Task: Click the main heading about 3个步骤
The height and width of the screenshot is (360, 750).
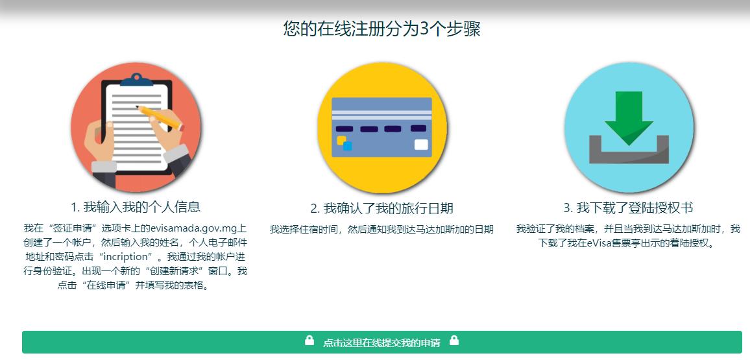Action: click(x=381, y=29)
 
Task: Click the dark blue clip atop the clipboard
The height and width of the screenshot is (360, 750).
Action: click(x=136, y=80)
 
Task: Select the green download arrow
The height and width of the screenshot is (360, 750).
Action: click(x=629, y=117)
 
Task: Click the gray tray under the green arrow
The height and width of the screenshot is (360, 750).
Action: click(x=629, y=152)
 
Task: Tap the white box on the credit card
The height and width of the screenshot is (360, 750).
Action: click(x=421, y=145)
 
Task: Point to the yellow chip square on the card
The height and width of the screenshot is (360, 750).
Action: click(x=341, y=139)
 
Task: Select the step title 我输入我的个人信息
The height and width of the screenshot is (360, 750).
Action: click(x=136, y=207)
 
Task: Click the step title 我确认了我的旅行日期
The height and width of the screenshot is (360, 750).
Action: click(x=381, y=208)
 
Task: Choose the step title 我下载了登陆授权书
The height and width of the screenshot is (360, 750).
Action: click(x=628, y=208)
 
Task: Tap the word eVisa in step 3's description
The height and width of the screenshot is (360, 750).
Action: click(x=594, y=243)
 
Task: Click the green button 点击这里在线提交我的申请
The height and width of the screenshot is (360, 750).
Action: click(x=381, y=342)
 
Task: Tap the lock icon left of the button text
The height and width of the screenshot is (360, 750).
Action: click(x=309, y=341)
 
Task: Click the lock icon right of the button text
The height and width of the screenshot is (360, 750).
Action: click(x=454, y=341)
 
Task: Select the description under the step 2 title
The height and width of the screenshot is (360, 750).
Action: click(x=381, y=229)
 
